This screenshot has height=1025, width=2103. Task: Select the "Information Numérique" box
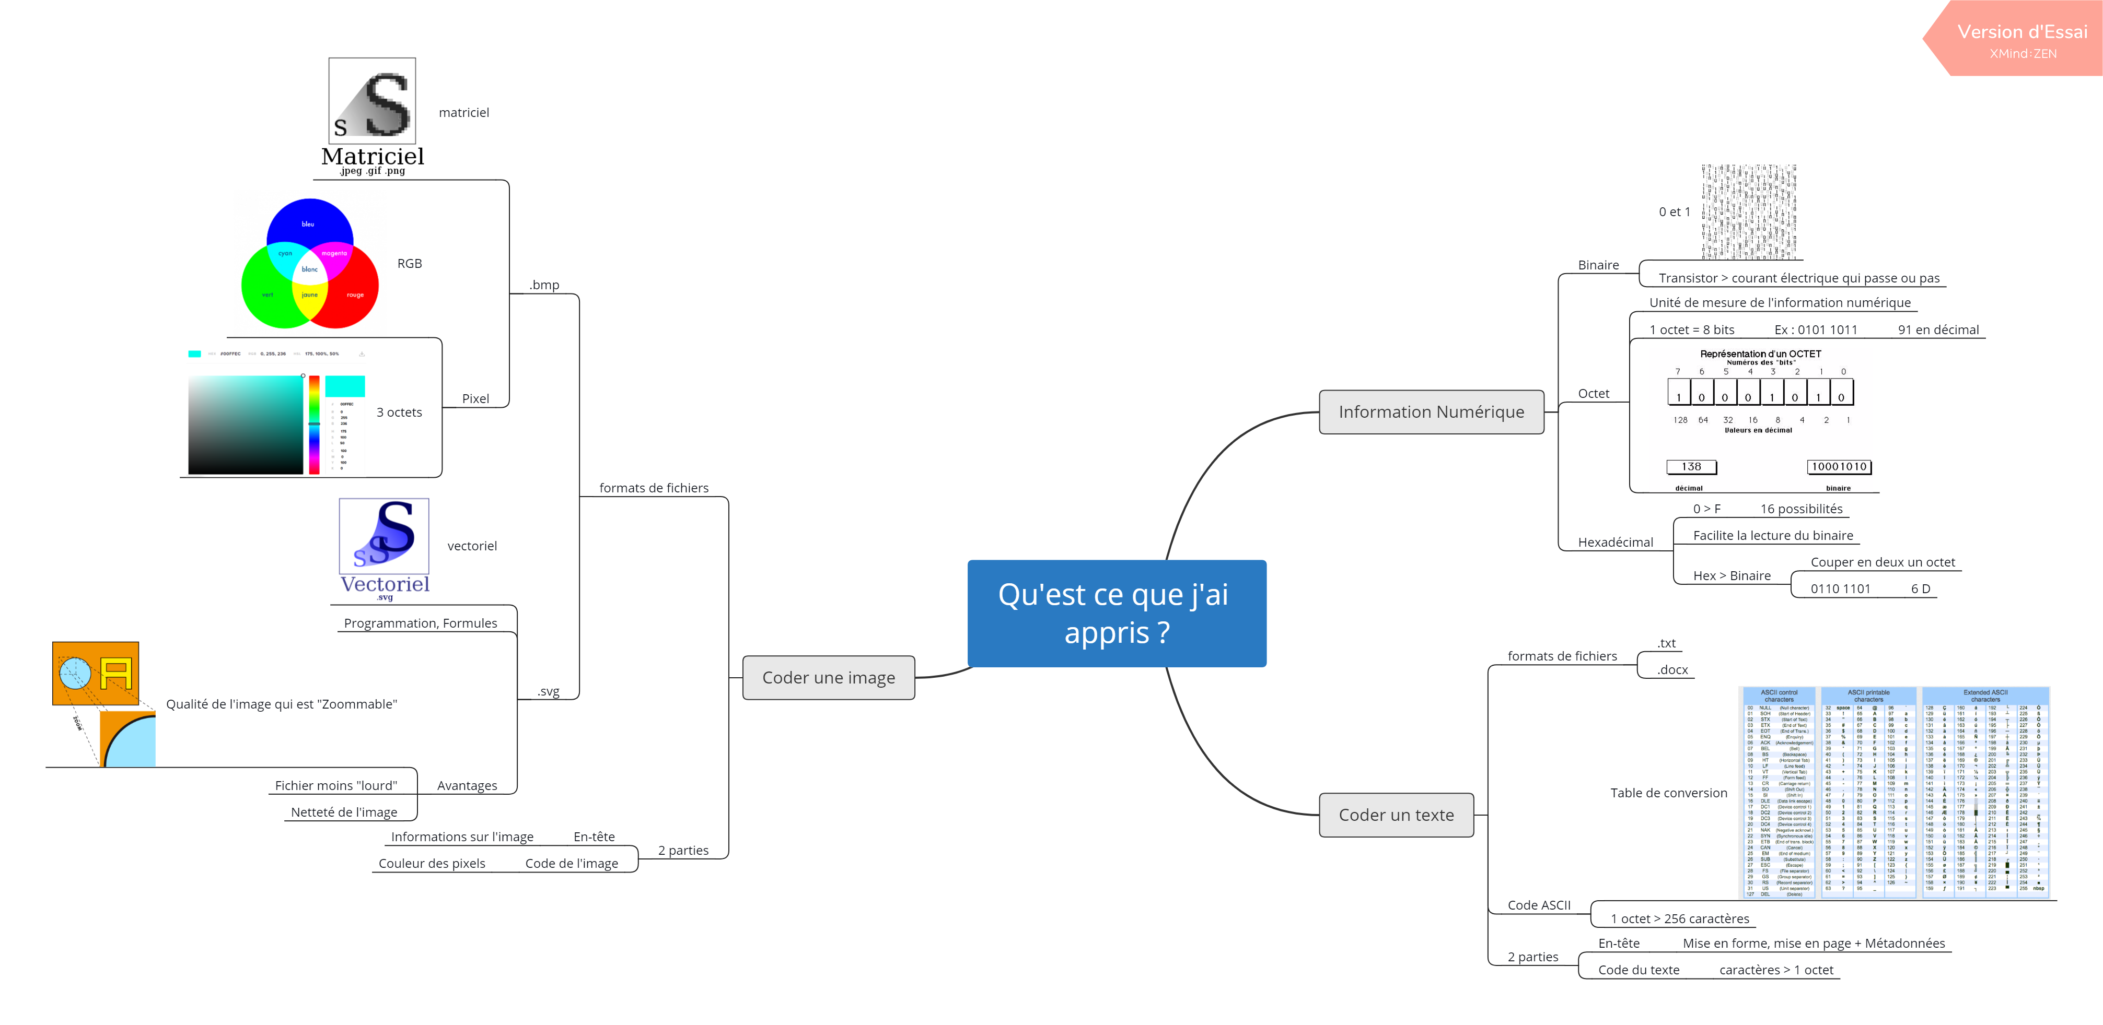1431,412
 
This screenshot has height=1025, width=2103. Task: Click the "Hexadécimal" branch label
1615,542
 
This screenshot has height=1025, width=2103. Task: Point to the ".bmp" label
544,285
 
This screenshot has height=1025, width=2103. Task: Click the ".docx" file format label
1672,669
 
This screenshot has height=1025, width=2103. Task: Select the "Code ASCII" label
1538,904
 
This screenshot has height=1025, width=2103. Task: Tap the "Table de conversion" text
1668,793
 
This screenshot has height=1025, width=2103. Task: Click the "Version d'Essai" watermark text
2021,32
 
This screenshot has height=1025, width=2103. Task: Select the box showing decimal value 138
1691,467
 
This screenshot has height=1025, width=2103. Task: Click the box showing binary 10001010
1839,467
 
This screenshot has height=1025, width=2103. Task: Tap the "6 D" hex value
1920,588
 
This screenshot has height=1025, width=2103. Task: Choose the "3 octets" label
399,412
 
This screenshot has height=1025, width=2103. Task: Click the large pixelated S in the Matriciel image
388,104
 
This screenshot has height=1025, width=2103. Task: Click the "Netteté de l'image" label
344,812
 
